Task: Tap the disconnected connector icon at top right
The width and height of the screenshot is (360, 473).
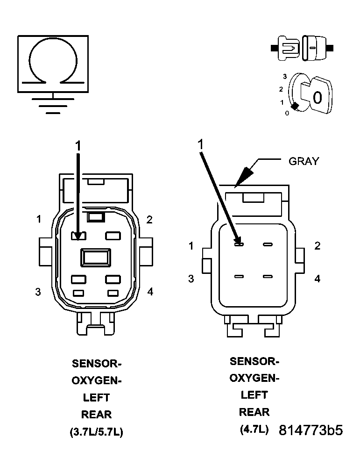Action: pos(302,48)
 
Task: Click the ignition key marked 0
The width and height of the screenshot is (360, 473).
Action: pos(316,96)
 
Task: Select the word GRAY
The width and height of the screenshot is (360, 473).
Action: pos(304,161)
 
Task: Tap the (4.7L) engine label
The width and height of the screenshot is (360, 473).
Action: pos(254,430)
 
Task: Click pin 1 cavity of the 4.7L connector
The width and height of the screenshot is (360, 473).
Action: pos(239,244)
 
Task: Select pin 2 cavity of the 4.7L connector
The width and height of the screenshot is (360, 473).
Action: pos(268,244)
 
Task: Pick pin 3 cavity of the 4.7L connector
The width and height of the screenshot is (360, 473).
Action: pos(239,277)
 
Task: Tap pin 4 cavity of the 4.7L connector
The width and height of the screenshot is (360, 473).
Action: pos(268,277)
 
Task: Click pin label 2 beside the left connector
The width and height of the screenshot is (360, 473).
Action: pos(149,220)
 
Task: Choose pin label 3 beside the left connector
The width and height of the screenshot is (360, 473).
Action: pos(38,292)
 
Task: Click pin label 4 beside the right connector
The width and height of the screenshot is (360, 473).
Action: pos(318,279)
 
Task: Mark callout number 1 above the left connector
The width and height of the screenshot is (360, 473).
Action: pos(78,146)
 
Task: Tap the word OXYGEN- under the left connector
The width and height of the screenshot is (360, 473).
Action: pos(97,380)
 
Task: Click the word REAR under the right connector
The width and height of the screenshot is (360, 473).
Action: pos(254,412)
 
